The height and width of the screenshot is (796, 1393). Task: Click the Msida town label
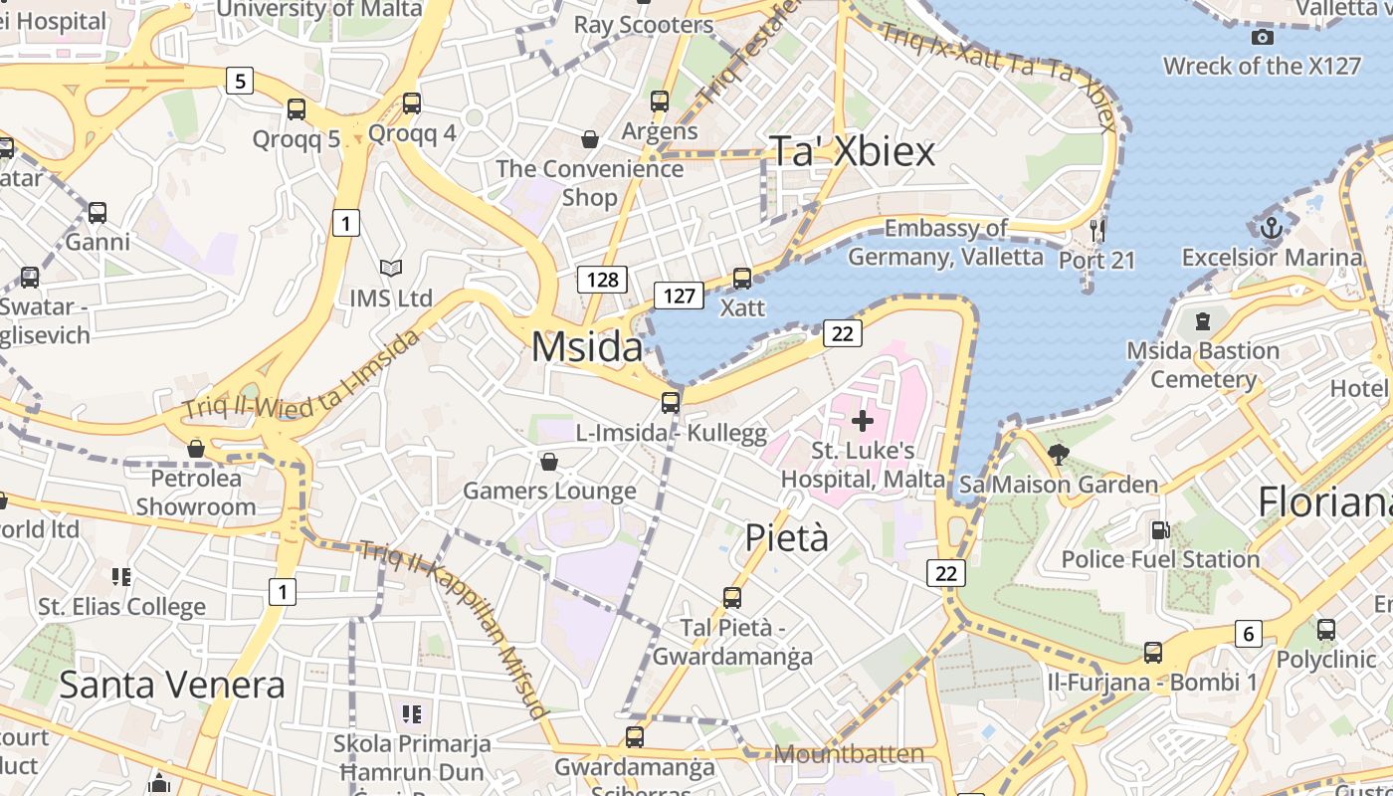(587, 347)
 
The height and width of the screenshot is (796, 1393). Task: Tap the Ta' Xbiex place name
(854, 151)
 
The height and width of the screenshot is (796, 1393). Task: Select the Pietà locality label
(786, 537)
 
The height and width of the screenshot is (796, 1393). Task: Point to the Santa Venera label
(172, 685)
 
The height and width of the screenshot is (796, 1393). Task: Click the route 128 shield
(602, 280)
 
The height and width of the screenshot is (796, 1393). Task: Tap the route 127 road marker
(679, 296)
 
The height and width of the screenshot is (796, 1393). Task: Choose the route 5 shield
(239, 80)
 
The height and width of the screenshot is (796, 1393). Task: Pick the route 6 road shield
(1248, 633)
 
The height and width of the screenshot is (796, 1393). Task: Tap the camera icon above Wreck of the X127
(1263, 38)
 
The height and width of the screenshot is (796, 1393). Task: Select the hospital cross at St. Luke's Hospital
(862, 421)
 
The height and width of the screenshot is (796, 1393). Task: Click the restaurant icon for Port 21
(1097, 231)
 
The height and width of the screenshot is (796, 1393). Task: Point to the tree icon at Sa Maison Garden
(1059, 456)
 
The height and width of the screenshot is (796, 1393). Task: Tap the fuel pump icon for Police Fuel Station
(1160, 530)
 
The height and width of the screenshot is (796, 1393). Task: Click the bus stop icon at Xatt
(742, 279)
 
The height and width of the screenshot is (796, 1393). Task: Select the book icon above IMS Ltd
(390, 269)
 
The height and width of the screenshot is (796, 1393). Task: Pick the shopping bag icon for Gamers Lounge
(548, 462)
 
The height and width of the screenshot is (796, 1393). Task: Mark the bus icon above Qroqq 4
(412, 103)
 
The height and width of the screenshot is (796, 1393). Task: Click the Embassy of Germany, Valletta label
(945, 243)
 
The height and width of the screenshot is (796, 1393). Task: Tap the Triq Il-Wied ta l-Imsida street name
(301, 376)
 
